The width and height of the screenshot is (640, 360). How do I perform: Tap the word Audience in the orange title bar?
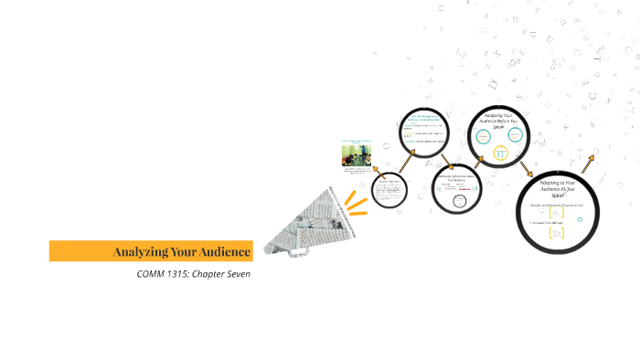pyautogui.click(x=222, y=251)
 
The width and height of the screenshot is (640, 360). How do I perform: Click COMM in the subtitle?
pyautogui.click(x=149, y=274)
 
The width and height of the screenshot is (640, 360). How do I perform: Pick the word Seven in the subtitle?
pyautogui.click(x=235, y=274)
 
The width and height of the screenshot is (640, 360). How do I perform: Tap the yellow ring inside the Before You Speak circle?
pyautogui.click(x=500, y=154)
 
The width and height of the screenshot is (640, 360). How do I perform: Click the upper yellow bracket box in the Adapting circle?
pyautogui.click(x=557, y=213)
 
